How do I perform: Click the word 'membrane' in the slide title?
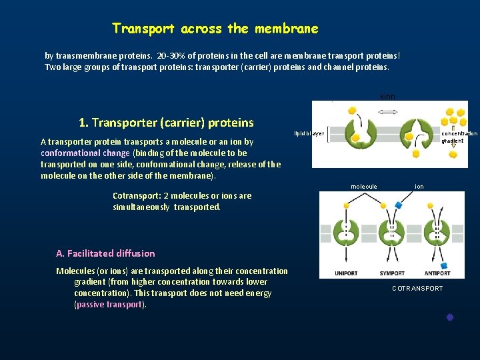click(286, 29)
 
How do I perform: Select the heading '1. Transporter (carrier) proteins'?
click(166, 123)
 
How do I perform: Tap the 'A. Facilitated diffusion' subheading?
click(105, 253)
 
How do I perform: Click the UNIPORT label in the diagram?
click(346, 273)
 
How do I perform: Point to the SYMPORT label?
click(391, 273)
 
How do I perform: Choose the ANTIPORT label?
click(437, 273)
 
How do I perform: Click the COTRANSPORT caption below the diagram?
click(417, 289)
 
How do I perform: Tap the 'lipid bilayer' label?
click(309, 133)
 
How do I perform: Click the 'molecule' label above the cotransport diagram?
click(364, 187)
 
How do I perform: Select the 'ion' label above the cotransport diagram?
click(419, 187)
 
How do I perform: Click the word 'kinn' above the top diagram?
click(387, 97)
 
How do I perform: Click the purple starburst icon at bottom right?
click(450, 318)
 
